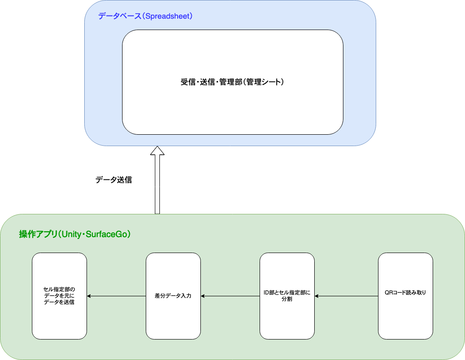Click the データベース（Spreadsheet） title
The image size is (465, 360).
pos(146,16)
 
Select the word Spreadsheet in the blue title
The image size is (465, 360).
pos(167,16)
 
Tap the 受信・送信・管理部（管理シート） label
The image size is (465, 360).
pos(232,82)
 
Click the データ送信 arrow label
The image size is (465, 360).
pos(113,180)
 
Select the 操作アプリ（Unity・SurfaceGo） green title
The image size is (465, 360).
pos(75,234)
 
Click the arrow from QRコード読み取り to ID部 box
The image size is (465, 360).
pos(346,296)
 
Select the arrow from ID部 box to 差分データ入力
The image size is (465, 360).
pos(230,296)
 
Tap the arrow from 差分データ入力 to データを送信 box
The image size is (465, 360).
pos(116,296)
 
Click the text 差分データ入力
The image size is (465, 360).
pos(173,296)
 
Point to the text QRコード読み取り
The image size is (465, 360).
pos(405,293)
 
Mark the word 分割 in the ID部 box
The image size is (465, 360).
pos(287,299)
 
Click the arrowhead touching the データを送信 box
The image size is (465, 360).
pos(89,296)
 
